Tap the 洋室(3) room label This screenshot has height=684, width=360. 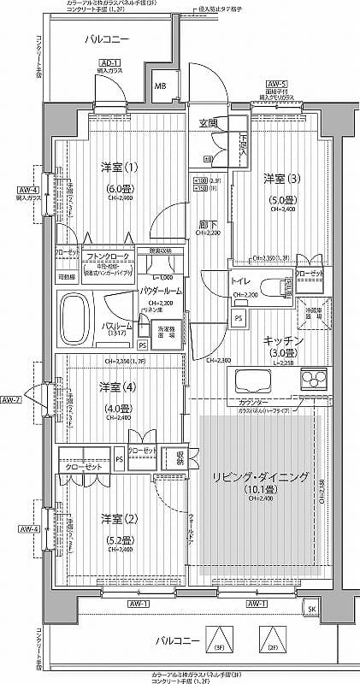pyautogui.click(x=281, y=178)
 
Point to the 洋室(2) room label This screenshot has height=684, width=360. pyautogui.click(x=119, y=518)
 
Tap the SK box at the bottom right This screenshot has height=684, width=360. pyautogui.click(x=311, y=608)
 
